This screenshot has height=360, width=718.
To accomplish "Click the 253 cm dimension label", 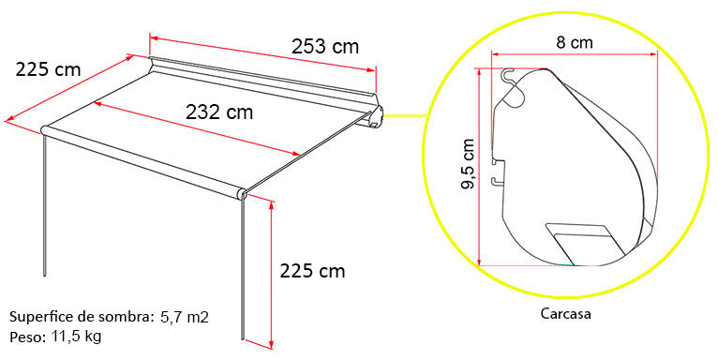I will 324,46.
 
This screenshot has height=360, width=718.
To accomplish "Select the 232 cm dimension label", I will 218,112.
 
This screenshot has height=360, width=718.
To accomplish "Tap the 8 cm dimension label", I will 574,41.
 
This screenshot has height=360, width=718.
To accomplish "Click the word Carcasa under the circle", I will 566,315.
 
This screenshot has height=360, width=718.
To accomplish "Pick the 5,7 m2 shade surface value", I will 184,317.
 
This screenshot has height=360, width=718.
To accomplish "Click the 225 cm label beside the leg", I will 312,272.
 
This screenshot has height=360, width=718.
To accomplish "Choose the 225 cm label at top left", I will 48,68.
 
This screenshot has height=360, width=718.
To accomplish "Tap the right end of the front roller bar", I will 242,194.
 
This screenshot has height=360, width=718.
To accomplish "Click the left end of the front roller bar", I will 45,129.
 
